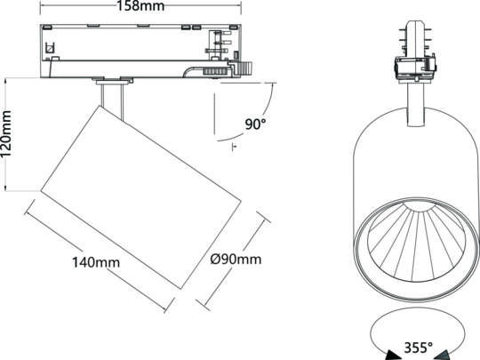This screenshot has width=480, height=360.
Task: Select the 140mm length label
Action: (x=96, y=263)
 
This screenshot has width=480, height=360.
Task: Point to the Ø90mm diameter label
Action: (x=236, y=260)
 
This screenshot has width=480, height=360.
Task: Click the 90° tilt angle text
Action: (x=256, y=124)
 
